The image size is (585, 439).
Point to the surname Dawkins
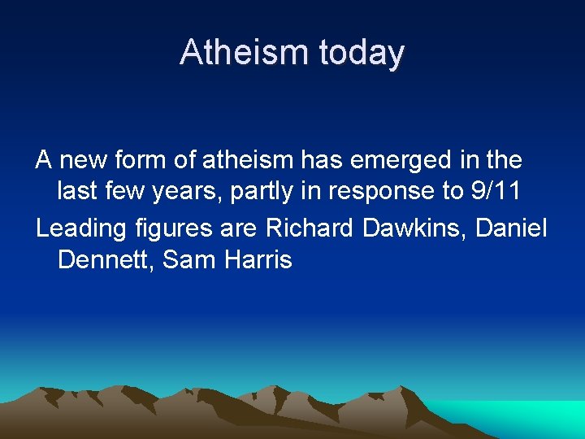point(414,228)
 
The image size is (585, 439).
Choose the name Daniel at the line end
point(512,228)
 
